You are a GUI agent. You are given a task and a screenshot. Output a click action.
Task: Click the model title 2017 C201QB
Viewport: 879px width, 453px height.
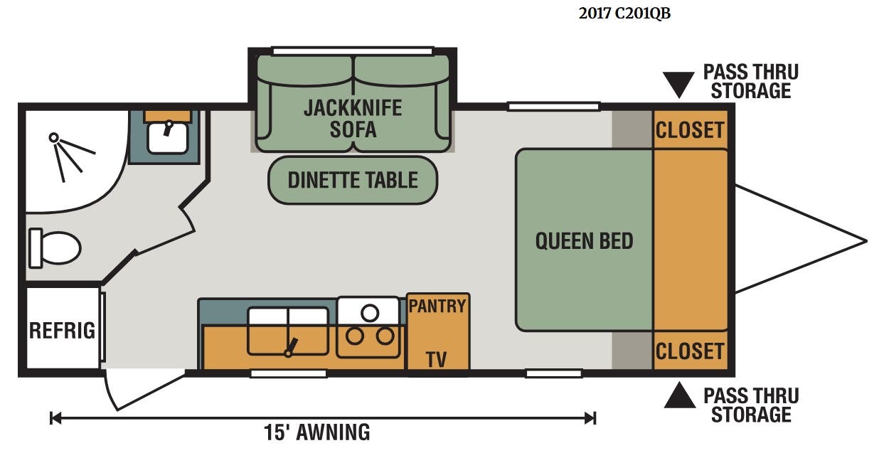tap(624, 14)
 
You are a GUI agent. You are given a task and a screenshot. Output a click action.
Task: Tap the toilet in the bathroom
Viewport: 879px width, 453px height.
tap(55, 248)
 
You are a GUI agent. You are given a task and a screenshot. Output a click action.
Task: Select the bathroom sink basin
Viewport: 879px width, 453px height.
tap(168, 138)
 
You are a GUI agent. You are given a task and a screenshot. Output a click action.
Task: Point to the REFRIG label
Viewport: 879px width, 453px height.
tap(63, 331)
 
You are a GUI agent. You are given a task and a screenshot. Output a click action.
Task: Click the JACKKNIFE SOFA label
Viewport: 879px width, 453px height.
tap(353, 119)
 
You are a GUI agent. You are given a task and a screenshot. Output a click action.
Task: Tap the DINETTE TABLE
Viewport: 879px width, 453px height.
tap(353, 180)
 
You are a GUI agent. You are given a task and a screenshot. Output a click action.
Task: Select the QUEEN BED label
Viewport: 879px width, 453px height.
tap(585, 240)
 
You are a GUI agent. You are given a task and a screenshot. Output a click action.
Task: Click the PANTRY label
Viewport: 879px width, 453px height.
tap(437, 307)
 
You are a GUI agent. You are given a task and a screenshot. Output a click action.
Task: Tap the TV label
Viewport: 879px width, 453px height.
tap(437, 360)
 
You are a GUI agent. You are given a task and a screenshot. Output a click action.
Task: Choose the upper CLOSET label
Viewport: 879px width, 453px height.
tap(690, 130)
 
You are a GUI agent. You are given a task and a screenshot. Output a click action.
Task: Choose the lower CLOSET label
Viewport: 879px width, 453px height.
tap(690, 351)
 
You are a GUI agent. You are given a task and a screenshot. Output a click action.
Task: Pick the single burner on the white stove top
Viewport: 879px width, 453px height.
tap(370, 313)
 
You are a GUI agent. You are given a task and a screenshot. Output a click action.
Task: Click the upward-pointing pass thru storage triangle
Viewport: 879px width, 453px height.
tap(680, 395)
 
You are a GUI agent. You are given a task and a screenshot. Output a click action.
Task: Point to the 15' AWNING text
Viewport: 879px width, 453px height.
tap(316, 432)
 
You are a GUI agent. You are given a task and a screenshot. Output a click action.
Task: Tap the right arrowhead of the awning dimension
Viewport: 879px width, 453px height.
tap(590, 418)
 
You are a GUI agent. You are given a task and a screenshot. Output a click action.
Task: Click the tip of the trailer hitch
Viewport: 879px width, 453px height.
tap(866, 241)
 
